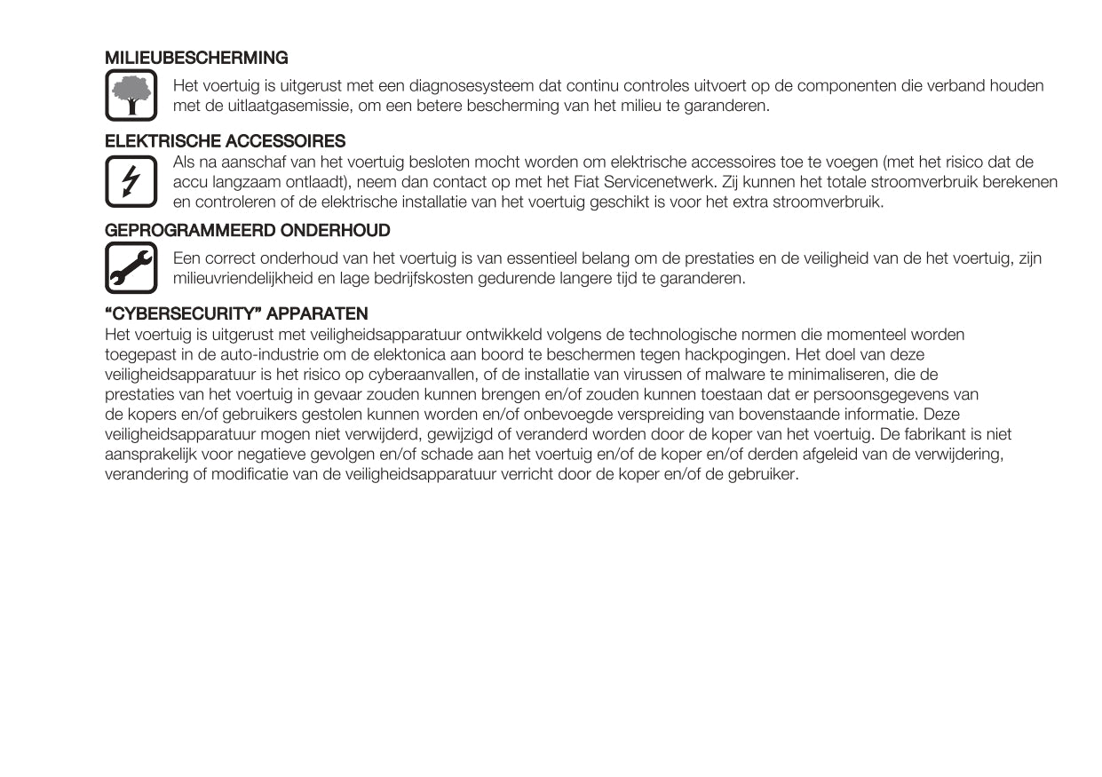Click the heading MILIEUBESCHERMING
196,58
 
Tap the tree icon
131,96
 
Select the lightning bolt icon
131,180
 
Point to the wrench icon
131,267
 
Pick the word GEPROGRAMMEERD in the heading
191,231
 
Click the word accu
187,182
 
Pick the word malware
735,375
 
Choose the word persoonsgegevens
876,394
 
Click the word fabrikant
947,434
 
